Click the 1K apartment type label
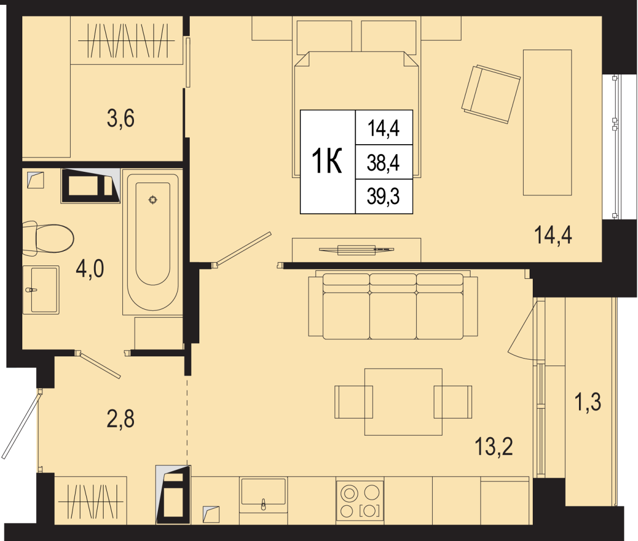click(x=326, y=161)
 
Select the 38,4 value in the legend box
click(x=383, y=163)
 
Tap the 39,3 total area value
click(x=383, y=196)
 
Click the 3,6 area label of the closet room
click(x=121, y=119)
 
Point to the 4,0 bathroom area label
click(x=90, y=269)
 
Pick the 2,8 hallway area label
click(x=120, y=419)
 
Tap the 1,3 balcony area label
click(x=589, y=402)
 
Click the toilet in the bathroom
click(x=48, y=238)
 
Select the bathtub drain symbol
click(x=153, y=200)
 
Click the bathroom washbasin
click(x=41, y=290)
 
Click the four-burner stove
click(x=360, y=500)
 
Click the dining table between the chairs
click(x=403, y=402)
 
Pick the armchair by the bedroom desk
click(x=491, y=94)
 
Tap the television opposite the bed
click(x=357, y=249)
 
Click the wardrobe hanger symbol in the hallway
click(x=91, y=502)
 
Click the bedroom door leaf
click(x=244, y=248)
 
